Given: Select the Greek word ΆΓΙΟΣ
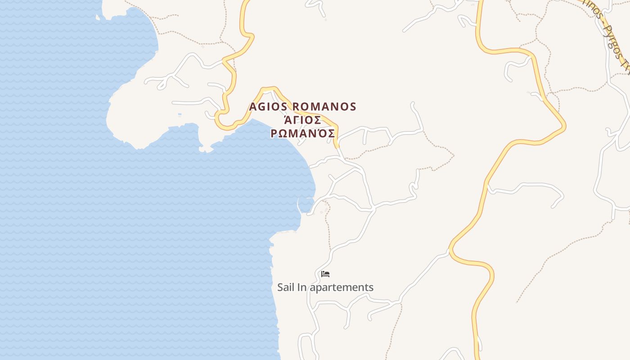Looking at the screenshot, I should click(302, 120).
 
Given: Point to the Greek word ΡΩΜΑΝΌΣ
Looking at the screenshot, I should click(302, 134).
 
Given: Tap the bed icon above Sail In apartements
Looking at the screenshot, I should click(325, 274).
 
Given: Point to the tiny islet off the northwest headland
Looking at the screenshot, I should click(98, 18).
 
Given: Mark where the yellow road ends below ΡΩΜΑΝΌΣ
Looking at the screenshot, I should click(337, 146).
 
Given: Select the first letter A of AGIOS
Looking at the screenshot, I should click(253, 107).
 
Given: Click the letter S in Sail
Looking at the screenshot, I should click(280, 287).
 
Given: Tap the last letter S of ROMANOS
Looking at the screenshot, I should click(352, 107).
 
